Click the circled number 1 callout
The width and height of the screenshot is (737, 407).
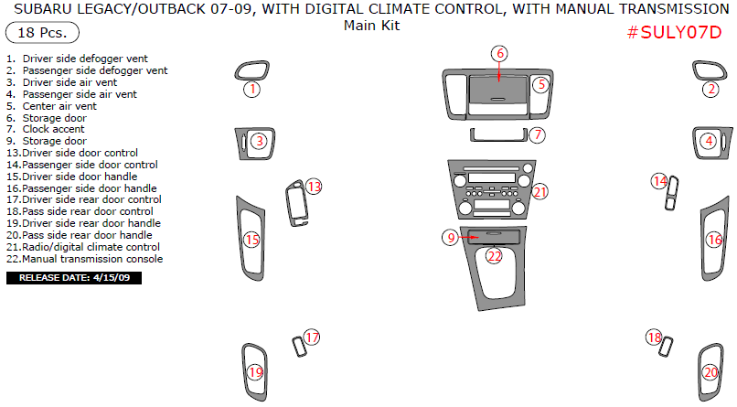pyautogui.click(x=251, y=90)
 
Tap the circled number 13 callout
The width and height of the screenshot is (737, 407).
pyautogui.click(x=314, y=187)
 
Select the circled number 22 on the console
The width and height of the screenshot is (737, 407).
pyautogui.click(x=494, y=256)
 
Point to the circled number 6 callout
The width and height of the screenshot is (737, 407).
pyautogui.click(x=499, y=53)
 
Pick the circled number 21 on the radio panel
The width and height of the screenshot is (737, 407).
pyautogui.click(x=539, y=192)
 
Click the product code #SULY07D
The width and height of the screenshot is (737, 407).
pyautogui.click(x=680, y=32)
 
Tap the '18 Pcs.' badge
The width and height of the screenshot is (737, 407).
pyautogui.click(x=42, y=33)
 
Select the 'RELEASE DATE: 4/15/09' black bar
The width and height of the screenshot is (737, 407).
pyautogui.click(x=74, y=277)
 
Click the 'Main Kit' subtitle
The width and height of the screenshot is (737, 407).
pyautogui.click(x=371, y=26)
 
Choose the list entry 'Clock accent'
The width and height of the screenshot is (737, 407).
pyautogui.click(x=54, y=129)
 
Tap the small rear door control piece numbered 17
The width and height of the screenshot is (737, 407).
pyautogui.click(x=297, y=347)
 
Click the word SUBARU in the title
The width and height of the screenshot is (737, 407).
pyautogui.click(x=46, y=9)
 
